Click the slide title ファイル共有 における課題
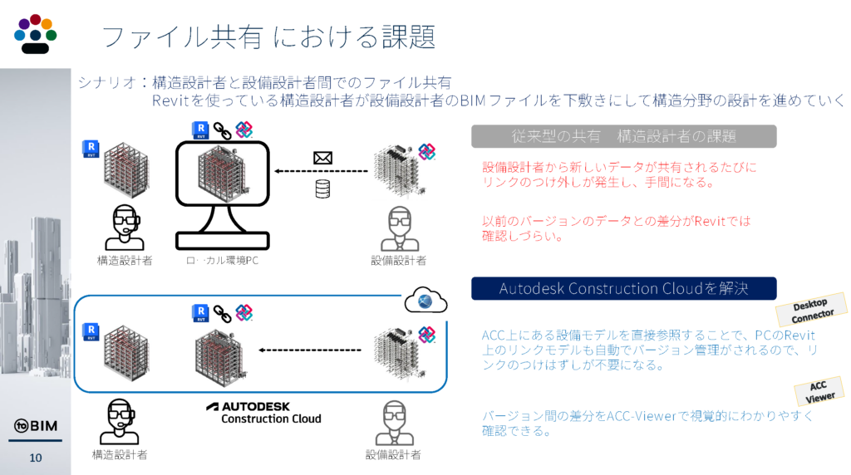(268, 37)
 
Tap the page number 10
(36, 458)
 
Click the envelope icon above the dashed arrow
(322, 157)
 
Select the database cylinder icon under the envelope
(322, 189)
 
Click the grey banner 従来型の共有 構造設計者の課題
(623, 135)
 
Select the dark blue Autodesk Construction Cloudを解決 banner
(623, 288)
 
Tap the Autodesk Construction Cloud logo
(263, 412)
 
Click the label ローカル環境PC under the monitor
(223, 261)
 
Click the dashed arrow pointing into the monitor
(322, 172)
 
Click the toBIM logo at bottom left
(35, 427)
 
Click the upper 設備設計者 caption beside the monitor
(399, 261)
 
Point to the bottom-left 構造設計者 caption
(120, 454)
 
